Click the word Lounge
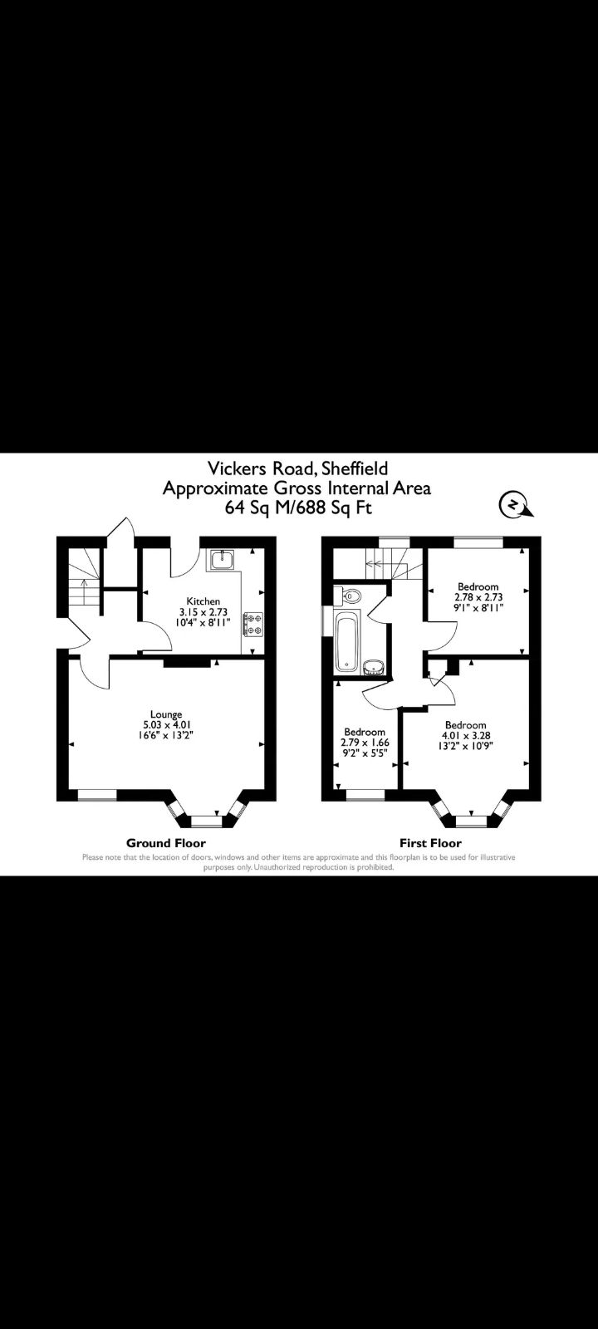point(166,714)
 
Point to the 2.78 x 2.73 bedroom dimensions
point(478,596)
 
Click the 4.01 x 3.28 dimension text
point(465,735)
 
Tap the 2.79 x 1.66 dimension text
point(365,742)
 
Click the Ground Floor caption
point(166,842)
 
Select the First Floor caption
point(430,842)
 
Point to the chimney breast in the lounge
point(187,662)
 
